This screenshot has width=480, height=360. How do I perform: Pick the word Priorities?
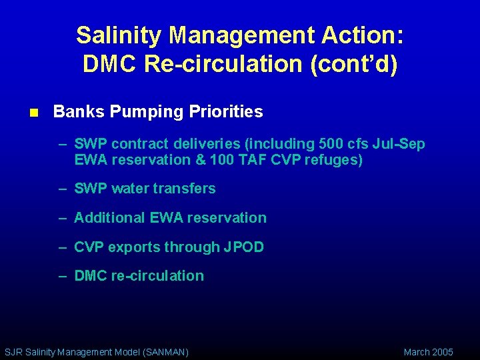227,112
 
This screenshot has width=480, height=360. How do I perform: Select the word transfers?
185,189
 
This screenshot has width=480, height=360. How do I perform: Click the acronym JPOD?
243,247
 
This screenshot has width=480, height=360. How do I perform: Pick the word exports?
134,247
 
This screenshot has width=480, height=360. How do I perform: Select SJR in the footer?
13,352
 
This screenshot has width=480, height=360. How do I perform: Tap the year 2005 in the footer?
443,352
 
